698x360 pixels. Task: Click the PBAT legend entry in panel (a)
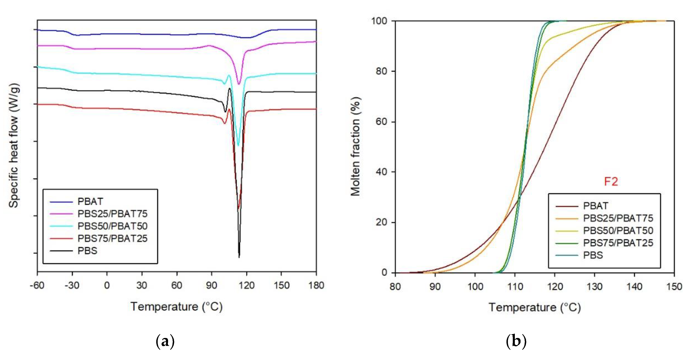[x=90, y=201]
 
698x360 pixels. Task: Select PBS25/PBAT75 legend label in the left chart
[x=112, y=214]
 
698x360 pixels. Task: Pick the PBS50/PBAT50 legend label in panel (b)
[x=618, y=230]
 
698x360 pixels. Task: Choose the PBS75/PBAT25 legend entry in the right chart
[x=618, y=243]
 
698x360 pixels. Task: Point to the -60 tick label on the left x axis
[x=37, y=286]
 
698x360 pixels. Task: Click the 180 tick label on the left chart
[x=316, y=286]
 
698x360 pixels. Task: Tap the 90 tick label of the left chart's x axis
[x=211, y=286]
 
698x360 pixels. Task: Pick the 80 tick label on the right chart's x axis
[x=395, y=287]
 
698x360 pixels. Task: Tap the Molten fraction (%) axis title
[x=356, y=146]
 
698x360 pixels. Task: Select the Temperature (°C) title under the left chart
[x=176, y=307]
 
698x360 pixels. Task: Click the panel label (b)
[x=516, y=341]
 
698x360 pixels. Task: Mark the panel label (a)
[x=165, y=341]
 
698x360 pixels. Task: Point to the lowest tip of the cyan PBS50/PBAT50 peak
[x=238, y=146]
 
